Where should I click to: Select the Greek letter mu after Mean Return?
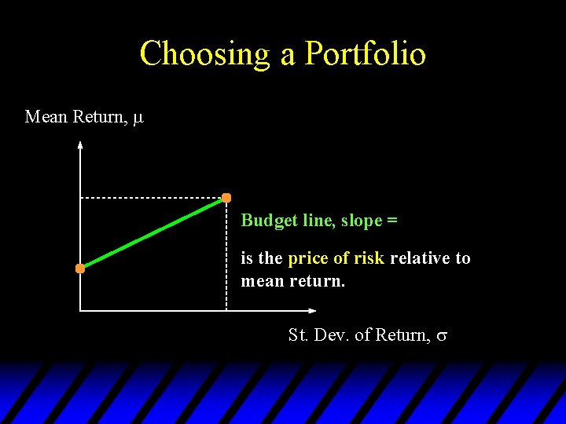(138, 119)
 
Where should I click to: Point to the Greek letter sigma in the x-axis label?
(442, 336)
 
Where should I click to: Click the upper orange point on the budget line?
(226, 197)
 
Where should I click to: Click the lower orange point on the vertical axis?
(80, 269)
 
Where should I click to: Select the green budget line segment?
(153, 233)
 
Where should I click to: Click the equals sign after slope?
(392, 221)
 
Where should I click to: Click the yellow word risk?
(369, 258)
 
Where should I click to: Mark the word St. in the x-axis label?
(298, 335)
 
